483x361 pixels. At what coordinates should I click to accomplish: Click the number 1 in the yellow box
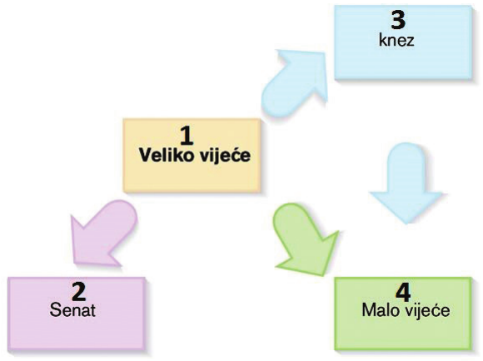click(x=187, y=136)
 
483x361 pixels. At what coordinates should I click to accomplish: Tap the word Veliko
click(x=167, y=155)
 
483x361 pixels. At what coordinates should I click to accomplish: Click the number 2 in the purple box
click(x=78, y=292)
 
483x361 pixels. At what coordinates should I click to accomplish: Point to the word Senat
click(x=72, y=309)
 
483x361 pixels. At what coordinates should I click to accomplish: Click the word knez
click(x=396, y=40)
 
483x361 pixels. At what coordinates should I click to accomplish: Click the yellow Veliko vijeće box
click(x=192, y=156)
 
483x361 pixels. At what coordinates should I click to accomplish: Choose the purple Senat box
click(x=77, y=314)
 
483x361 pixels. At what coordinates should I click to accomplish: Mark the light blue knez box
click(x=403, y=42)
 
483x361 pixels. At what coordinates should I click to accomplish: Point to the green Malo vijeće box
click(x=403, y=314)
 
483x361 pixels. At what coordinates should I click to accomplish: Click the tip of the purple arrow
click(x=75, y=264)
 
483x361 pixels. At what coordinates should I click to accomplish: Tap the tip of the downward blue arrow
click(x=406, y=224)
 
